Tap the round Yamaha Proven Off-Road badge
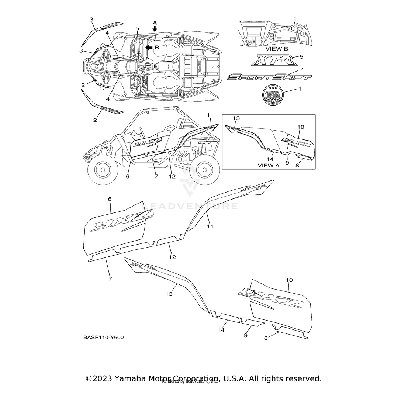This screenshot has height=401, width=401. [273, 96]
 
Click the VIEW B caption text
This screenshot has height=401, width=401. [277, 49]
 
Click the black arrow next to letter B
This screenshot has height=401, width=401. [149, 48]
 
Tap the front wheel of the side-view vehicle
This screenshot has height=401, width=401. [100, 169]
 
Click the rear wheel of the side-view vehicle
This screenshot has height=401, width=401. [204, 169]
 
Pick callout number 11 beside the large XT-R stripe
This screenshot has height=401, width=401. [210, 226]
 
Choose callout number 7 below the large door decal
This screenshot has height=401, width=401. [110, 279]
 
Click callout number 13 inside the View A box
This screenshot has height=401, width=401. [236, 118]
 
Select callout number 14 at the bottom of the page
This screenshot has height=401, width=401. [221, 330]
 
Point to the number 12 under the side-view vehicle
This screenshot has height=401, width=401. [172, 176]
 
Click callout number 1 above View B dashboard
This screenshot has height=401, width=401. [295, 19]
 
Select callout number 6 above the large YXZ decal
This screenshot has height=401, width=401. [110, 199]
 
